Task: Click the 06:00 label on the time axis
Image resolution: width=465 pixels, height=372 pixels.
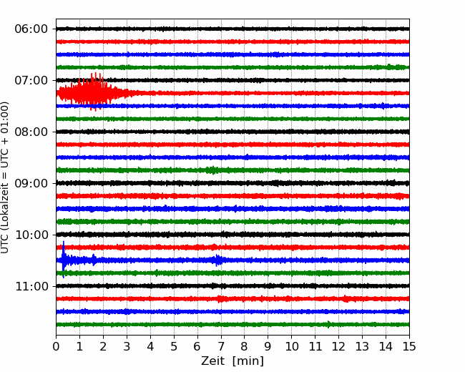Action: click(31, 29)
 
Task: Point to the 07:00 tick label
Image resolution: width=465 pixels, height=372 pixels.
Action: click(31, 80)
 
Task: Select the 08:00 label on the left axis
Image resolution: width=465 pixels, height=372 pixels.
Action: click(31, 132)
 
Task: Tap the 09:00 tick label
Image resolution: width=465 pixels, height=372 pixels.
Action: click(31, 183)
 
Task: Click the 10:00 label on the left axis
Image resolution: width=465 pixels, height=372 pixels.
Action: click(31, 235)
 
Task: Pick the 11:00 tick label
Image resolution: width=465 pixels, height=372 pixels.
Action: click(31, 287)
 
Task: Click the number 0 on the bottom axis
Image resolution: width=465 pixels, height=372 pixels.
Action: click(56, 346)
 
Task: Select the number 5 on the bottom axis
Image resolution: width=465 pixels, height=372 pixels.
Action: click(174, 346)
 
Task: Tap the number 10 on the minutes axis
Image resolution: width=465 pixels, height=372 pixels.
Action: click(291, 346)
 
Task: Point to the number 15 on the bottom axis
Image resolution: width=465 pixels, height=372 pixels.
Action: click(409, 346)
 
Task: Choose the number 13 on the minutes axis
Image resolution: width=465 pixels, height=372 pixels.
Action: click(362, 346)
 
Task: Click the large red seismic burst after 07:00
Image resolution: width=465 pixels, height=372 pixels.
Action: click(92, 92)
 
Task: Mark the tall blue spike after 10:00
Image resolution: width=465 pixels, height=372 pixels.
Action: click(63, 259)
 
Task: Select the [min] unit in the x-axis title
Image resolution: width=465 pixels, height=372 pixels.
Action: click(248, 361)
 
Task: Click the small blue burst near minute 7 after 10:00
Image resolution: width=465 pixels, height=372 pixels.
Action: click(218, 260)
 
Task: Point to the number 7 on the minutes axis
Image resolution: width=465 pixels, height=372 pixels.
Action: click(221, 346)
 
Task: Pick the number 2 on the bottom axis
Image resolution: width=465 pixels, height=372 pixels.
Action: click(103, 346)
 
